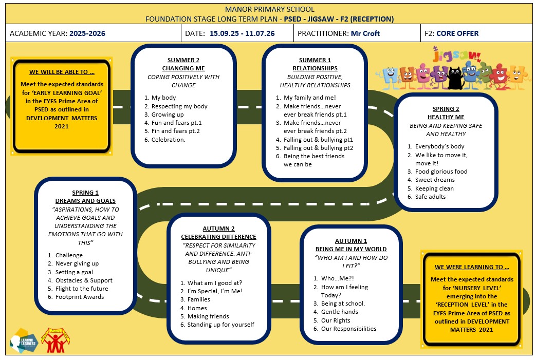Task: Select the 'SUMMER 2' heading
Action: tap(183, 60)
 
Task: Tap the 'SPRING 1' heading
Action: tap(85, 193)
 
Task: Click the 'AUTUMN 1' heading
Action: tap(350, 241)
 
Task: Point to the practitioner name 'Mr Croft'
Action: tap(365, 33)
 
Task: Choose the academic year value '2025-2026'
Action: tap(87, 33)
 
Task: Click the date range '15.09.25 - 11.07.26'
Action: tap(242, 33)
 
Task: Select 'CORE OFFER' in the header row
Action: tap(457, 33)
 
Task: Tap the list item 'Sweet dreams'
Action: tap(435, 180)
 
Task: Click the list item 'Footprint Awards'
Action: tap(80, 297)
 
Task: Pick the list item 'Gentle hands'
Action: tap(340, 312)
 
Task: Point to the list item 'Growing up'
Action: tap(168, 115)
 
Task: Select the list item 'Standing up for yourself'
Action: tap(221, 325)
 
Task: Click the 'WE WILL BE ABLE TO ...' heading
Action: tap(62, 72)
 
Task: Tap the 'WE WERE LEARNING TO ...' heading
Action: tap(472, 267)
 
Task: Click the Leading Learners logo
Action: tap(24, 341)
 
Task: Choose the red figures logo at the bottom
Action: tap(56, 340)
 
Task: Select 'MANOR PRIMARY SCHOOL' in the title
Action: tap(269, 10)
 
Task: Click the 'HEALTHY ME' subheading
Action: tap(446, 117)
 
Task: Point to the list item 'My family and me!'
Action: tap(310, 98)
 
